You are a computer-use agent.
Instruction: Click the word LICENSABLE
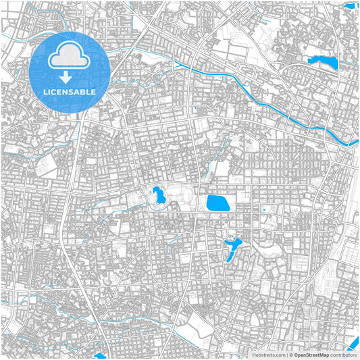point(70,91)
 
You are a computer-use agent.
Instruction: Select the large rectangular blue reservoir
point(218,203)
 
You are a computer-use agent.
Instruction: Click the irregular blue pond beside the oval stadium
point(160,197)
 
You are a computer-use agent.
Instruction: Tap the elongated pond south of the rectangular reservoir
point(231,247)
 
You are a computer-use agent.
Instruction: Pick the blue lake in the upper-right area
point(323,63)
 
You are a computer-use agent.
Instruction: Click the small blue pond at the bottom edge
point(101,356)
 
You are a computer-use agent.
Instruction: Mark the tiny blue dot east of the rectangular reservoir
point(264,209)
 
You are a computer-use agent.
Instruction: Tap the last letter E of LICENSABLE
point(93,91)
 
